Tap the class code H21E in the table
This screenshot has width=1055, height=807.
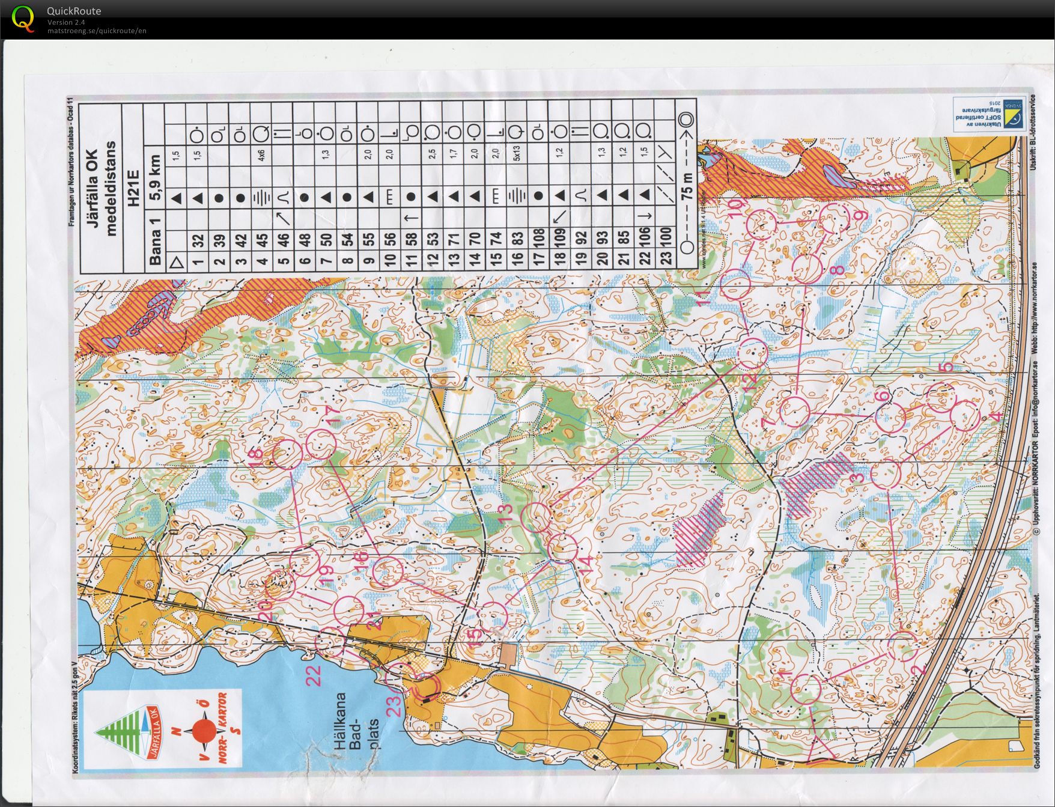pos(133,189)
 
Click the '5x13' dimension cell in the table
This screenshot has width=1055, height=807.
pos(516,153)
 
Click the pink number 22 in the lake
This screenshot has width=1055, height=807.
pos(314,675)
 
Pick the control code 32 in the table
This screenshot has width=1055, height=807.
pos(198,242)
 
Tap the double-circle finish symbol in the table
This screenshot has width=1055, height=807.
pos(687,120)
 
